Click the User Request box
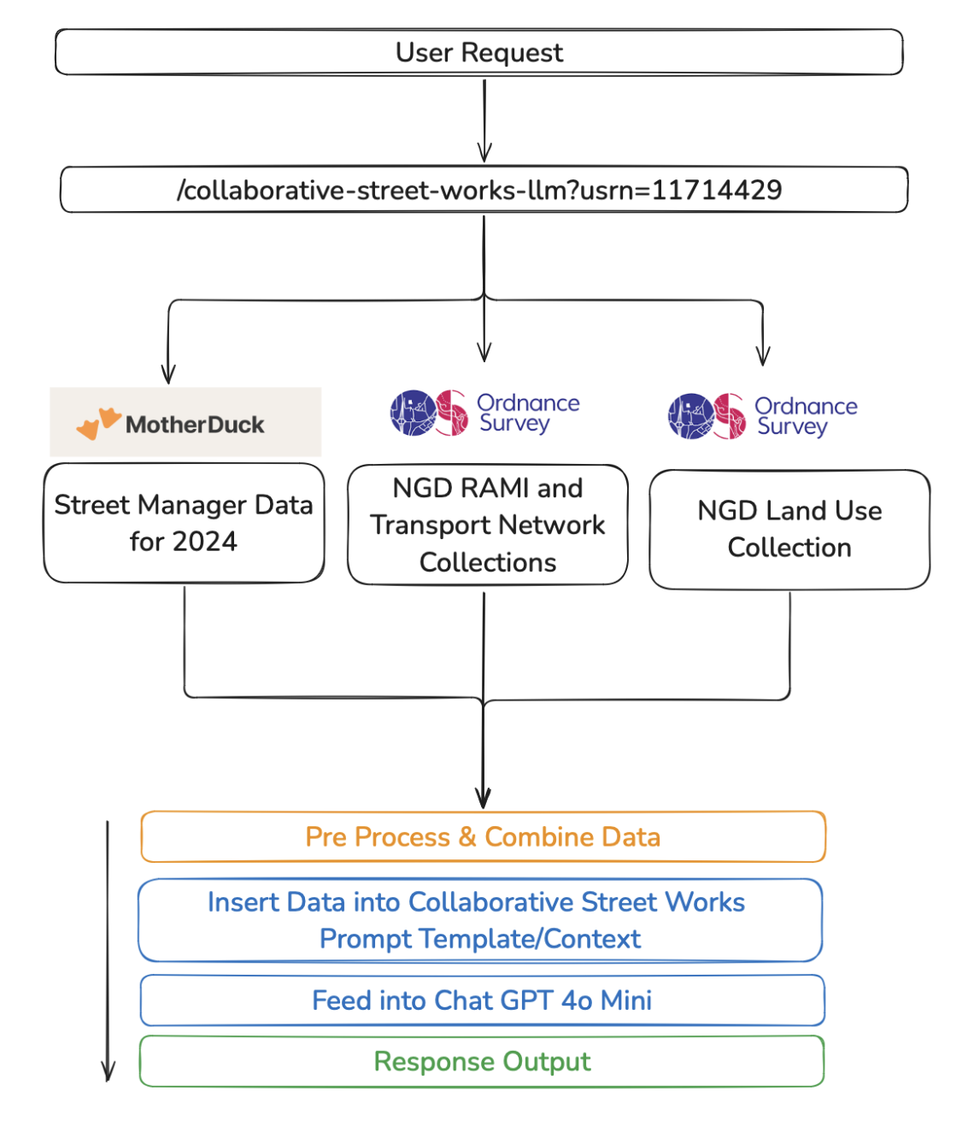point(478,52)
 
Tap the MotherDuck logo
point(185,422)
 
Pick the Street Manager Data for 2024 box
point(184,523)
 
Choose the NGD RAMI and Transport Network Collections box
point(487,525)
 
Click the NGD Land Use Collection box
point(789,529)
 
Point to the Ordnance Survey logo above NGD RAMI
point(484,413)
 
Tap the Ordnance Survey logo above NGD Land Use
point(762,416)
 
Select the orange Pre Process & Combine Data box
point(483,836)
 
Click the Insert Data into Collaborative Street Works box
point(479,920)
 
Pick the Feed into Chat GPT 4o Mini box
point(482,1000)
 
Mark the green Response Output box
point(482,1061)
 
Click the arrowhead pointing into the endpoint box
point(484,154)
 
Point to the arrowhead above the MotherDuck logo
point(168,374)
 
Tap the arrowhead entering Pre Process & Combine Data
point(483,800)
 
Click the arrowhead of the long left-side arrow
point(108,1071)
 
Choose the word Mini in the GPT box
point(626,1000)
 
